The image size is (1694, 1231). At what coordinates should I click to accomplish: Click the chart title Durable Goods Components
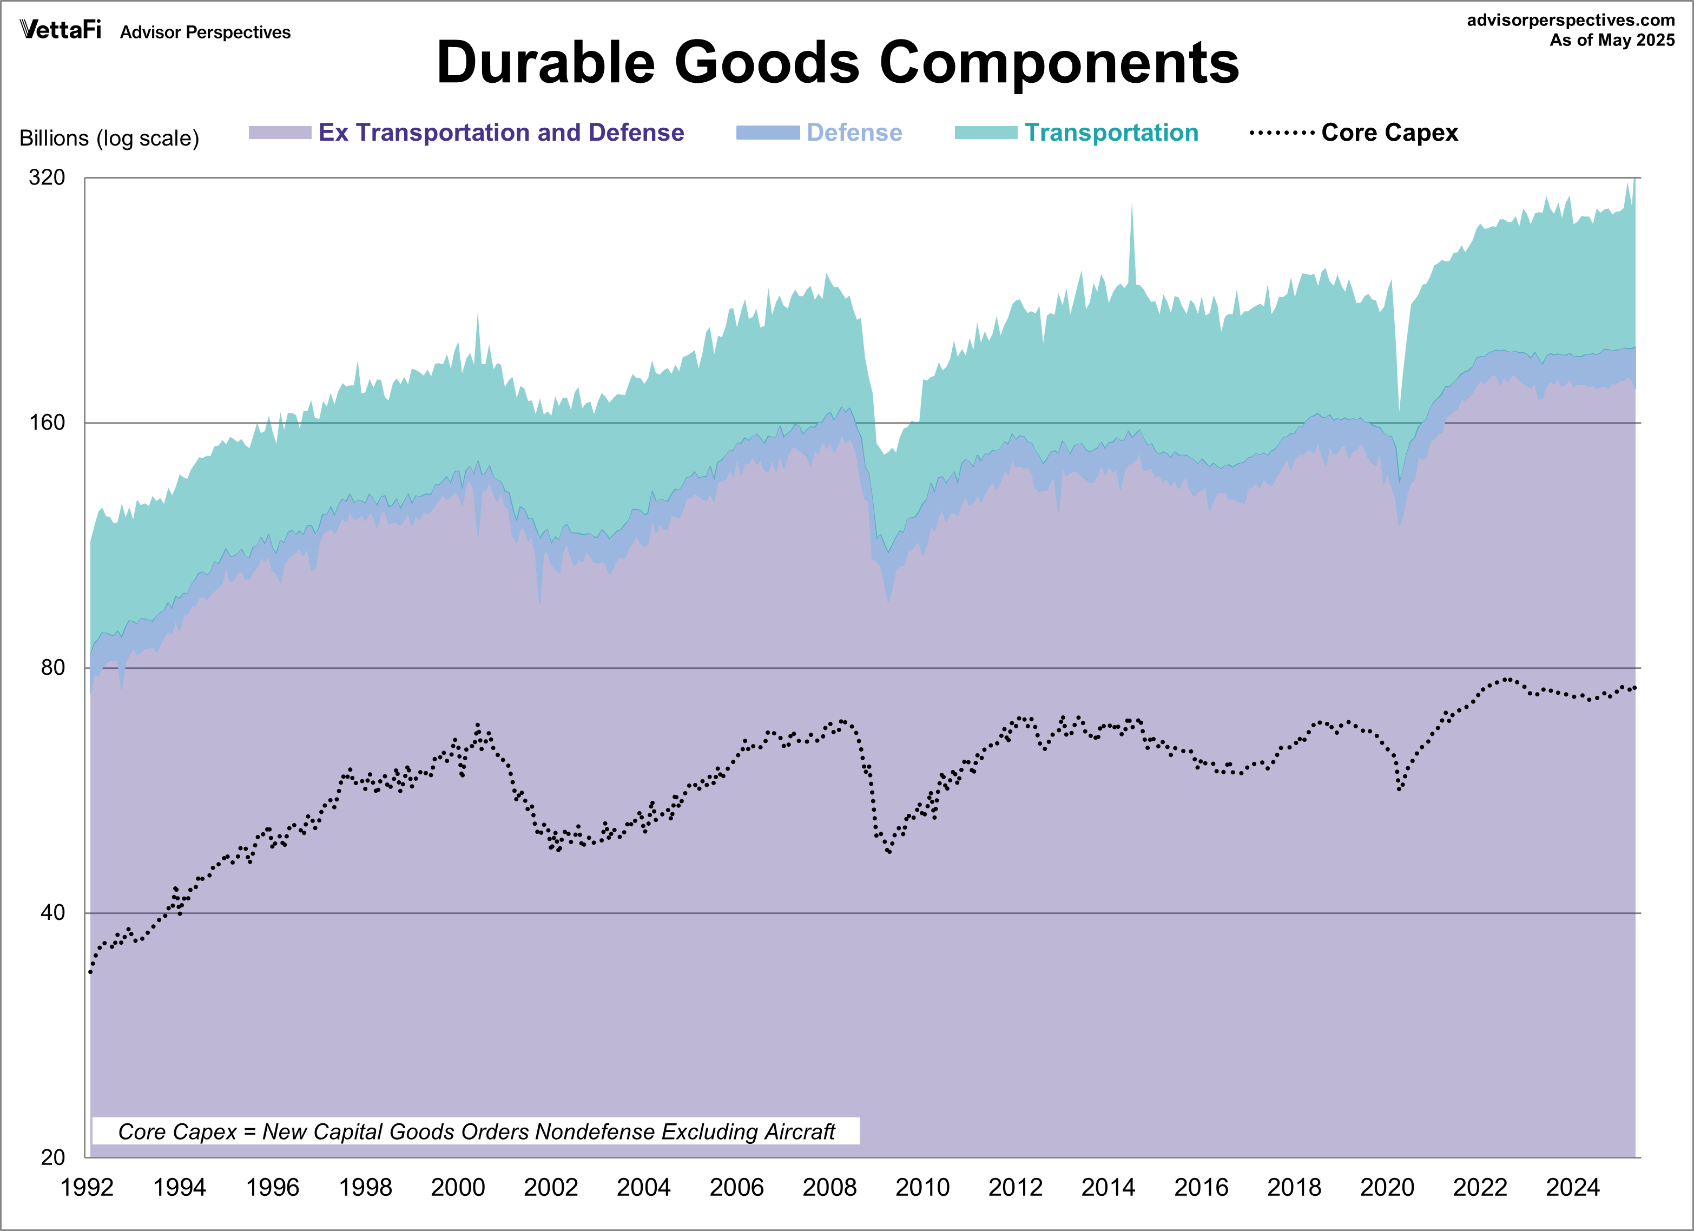click(x=838, y=63)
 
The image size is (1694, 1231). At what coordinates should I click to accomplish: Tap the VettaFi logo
click(x=60, y=30)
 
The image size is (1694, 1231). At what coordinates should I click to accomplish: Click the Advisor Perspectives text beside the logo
click(x=206, y=32)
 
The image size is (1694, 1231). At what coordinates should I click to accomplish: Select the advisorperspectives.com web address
click(x=1570, y=20)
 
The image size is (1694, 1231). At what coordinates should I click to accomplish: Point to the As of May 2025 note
click(x=1611, y=41)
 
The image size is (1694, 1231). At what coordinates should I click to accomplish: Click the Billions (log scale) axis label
click(x=109, y=138)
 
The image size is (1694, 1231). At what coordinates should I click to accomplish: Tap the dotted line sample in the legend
click(x=1282, y=133)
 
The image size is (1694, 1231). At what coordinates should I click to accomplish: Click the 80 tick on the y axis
click(x=53, y=667)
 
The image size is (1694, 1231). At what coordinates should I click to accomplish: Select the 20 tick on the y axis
click(x=53, y=1157)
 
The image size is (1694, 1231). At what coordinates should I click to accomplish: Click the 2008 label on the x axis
click(x=829, y=1187)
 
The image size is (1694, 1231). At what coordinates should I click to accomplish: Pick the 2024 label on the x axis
click(x=1572, y=1187)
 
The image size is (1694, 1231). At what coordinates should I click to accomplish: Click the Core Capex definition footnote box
click(x=476, y=1131)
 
